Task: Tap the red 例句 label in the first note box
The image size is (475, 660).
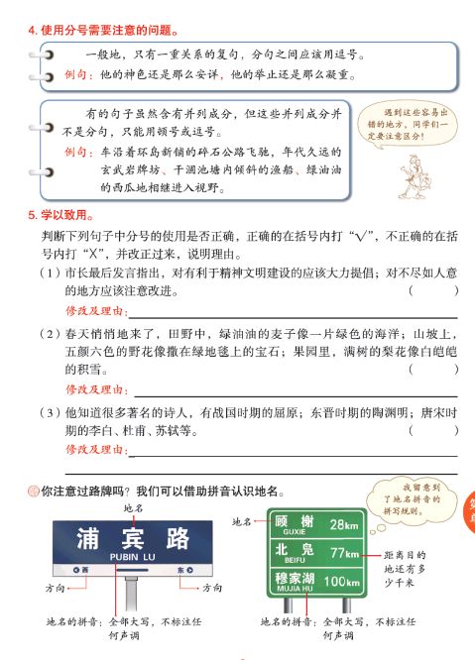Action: tap(78, 75)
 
